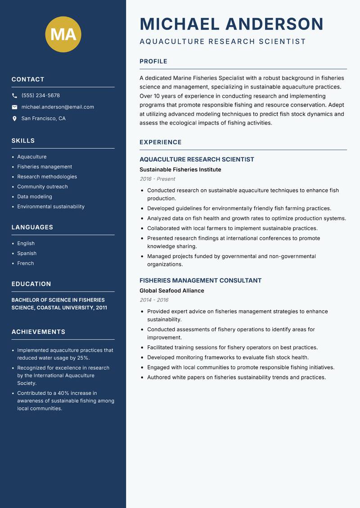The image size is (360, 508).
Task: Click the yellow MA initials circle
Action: coord(63,34)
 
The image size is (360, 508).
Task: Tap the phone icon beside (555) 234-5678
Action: coord(14,96)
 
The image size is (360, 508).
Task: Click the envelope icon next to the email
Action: coord(14,107)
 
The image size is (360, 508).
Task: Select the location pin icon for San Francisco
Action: coord(14,119)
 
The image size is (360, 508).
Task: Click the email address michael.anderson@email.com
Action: coord(58,107)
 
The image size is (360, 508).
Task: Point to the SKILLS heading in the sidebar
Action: coord(23,141)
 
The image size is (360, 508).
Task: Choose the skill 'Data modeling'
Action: coord(35,196)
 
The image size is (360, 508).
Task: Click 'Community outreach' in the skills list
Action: coord(42,187)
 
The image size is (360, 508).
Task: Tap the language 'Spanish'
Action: coord(27,253)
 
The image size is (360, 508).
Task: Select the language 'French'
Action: coord(26,263)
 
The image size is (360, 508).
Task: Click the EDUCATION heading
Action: coord(31,284)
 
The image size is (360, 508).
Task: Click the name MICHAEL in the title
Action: coord(180,24)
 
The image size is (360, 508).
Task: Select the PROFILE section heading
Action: coord(153,62)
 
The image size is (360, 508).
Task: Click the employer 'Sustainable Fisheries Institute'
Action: coord(180,169)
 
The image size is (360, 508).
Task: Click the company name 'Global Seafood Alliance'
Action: coord(171,290)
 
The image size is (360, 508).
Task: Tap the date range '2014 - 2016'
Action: coord(154,300)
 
